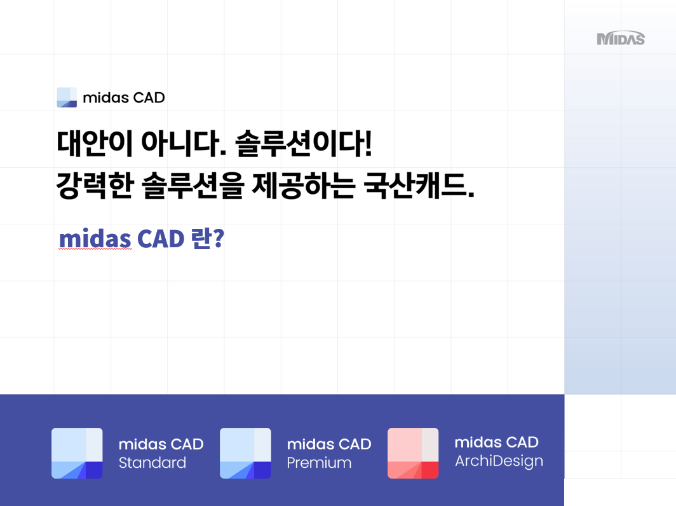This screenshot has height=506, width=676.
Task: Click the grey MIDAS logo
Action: click(x=621, y=39)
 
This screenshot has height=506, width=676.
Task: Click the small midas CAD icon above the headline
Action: click(x=67, y=97)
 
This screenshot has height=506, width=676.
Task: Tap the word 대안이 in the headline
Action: click(x=94, y=143)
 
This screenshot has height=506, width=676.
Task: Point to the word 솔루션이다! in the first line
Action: click(x=304, y=143)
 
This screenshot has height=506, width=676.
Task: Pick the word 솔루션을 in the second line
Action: click(x=193, y=186)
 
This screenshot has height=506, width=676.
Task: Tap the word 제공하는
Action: click(x=304, y=186)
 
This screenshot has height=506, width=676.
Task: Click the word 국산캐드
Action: click(x=419, y=186)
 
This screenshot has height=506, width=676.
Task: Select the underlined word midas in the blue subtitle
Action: click(x=95, y=238)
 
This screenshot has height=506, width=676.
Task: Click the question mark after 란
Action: click(x=219, y=238)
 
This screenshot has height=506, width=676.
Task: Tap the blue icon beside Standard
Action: click(x=77, y=453)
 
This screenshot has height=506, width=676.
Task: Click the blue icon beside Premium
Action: click(x=245, y=453)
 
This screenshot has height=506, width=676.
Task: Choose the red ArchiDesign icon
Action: click(x=413, y=453)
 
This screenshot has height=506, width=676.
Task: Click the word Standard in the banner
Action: click(x=152, y=463)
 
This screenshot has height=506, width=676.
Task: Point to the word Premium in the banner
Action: click(x=319, y=463)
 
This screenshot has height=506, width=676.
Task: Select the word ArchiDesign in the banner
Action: click(x=499, y=462)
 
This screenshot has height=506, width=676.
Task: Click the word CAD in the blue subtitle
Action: click(x=160, y=238)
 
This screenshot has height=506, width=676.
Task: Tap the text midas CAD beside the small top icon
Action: click(x=124, y=98)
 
